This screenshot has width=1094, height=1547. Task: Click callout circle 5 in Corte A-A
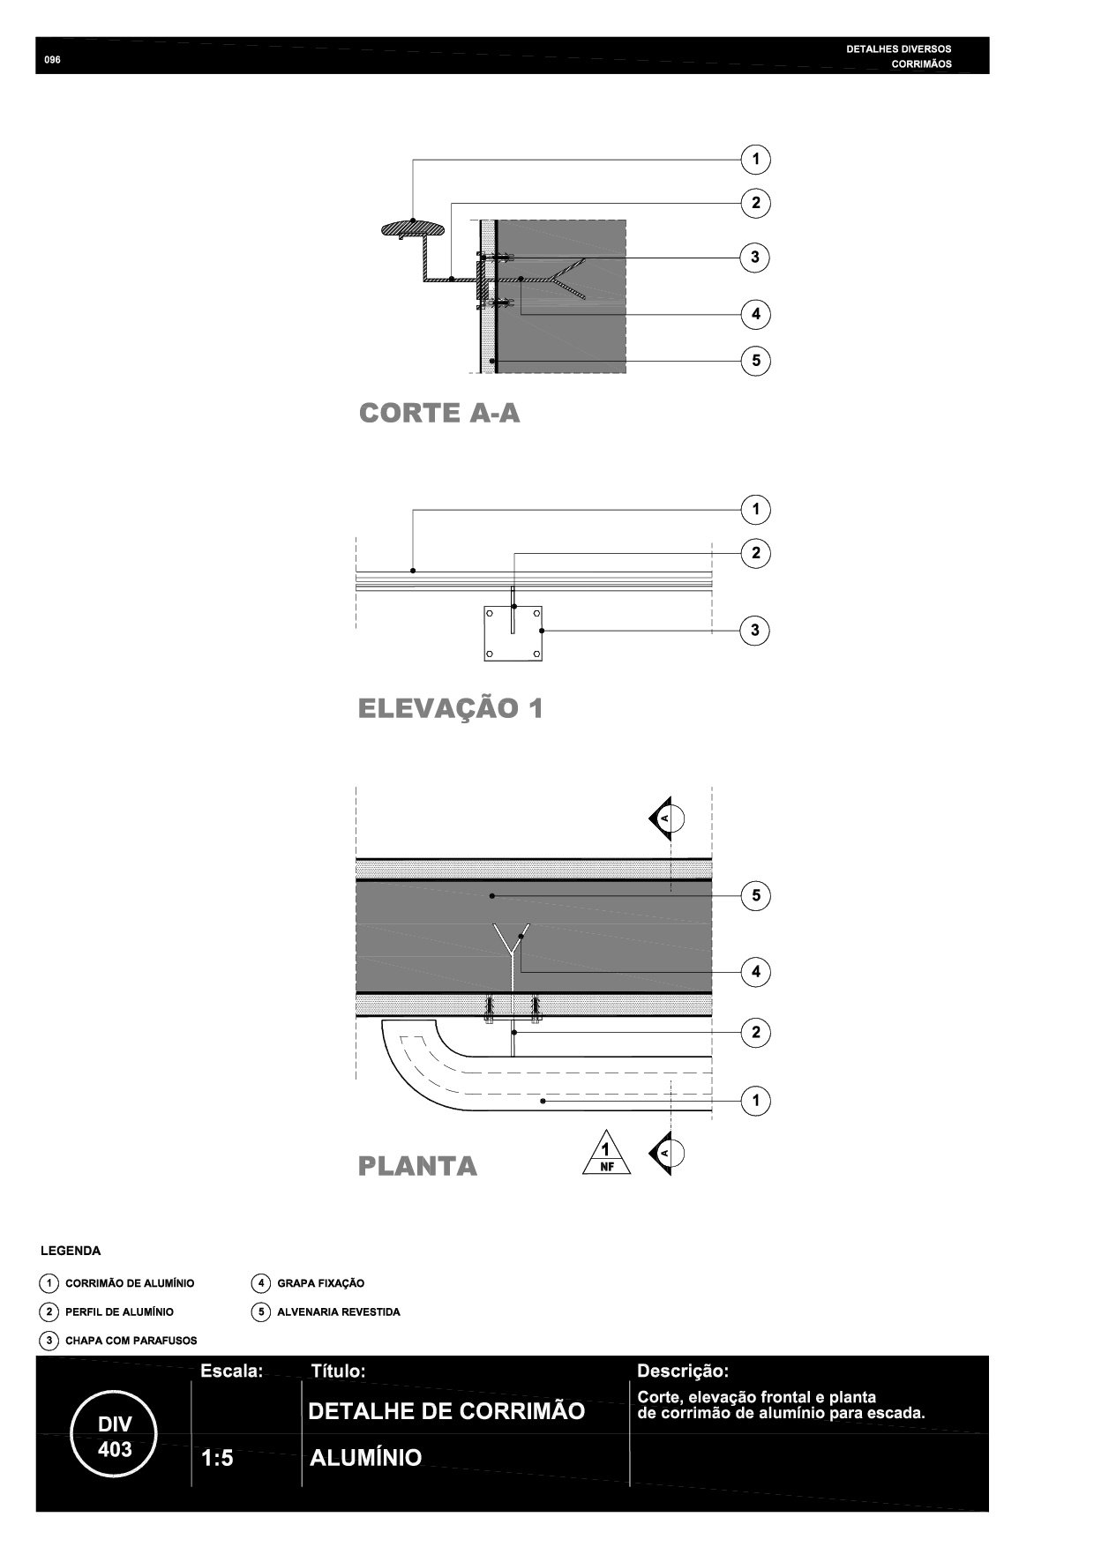click(x=755, y=361)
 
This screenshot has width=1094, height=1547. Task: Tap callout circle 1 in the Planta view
click(x=755, y=1101)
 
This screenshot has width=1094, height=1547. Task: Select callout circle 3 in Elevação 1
click(x=755, y=631)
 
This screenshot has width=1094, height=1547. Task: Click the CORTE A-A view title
click(x=439, y=414)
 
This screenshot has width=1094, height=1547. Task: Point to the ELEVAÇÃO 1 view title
click(x=450, y=708)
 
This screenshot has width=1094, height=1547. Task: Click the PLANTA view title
click(x=417, y=1166)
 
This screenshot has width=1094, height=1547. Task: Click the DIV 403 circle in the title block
click(x=115, y=1437)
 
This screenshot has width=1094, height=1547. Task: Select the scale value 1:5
click(x=217, y=1459)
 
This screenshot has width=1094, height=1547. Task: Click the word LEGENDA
click(x=71, y=1251)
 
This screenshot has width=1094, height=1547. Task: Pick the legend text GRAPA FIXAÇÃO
click(x=320, y=1283)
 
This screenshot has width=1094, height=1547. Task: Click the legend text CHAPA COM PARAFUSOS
click(x=131, y=1341)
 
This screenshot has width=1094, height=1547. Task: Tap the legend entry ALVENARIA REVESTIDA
click(x=338, y=1312)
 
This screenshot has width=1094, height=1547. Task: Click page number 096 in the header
click(x=52, y=60)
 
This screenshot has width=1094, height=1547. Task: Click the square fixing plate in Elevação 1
click(x=513, y=633)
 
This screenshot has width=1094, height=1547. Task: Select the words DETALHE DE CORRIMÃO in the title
click(x=446, y=1411)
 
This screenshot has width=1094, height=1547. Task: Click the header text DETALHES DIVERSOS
click(x=898, y=49)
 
